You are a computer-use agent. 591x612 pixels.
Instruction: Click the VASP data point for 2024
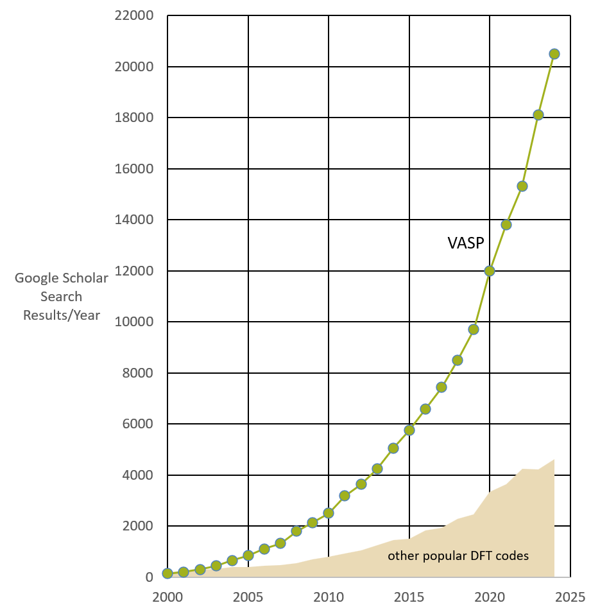554,54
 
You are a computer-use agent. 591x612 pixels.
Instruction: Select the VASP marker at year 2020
490,271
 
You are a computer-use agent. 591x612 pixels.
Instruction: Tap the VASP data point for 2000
167,573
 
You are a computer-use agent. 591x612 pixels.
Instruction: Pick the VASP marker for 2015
409,430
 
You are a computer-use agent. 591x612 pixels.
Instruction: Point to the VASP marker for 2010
329,512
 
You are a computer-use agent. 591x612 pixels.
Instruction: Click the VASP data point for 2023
538,115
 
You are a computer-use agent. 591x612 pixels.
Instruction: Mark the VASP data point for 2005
248,555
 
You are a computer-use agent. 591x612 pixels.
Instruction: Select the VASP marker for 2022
522,186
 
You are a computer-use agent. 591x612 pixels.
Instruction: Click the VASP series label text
465,243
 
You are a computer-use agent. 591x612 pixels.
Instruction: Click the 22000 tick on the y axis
135,16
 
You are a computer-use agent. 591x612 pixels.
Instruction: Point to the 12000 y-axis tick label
135,271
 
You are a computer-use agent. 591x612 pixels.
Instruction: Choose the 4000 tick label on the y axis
138,475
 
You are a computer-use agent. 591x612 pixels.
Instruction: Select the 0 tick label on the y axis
149,577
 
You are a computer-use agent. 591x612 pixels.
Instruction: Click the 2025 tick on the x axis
570,597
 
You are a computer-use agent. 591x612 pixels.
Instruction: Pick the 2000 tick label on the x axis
167,597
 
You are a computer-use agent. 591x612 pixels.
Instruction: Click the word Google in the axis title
36,278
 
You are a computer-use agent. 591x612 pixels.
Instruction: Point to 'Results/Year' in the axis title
62,315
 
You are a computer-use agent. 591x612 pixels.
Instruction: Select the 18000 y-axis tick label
135,118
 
